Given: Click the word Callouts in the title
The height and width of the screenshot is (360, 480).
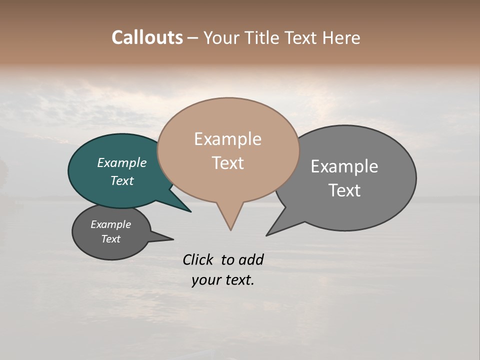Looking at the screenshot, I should pos(147,37).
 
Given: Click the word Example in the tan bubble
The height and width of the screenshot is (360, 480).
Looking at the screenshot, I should pos(227,139).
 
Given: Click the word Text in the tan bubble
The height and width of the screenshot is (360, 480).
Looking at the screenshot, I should pos(227,163).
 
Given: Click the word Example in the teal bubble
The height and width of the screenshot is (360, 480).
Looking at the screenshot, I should pos(122,162).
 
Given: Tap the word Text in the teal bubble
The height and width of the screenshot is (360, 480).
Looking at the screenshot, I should pos(122,180).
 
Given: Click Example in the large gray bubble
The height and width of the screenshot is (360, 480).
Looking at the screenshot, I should pos(344,166).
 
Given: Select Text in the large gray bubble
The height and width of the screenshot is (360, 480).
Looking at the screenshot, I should pos(344,190).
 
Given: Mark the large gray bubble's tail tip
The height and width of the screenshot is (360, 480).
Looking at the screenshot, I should pos(267,235).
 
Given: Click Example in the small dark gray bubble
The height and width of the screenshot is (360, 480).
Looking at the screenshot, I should pos(111,224).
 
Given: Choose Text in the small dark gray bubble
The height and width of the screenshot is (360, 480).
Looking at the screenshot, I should pos(111,239).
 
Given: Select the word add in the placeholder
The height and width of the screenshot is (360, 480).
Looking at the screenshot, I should pos(251,259).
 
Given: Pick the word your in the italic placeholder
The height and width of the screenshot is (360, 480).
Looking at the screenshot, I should pos(203,280).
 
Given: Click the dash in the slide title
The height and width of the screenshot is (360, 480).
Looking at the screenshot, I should pos(193,38).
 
